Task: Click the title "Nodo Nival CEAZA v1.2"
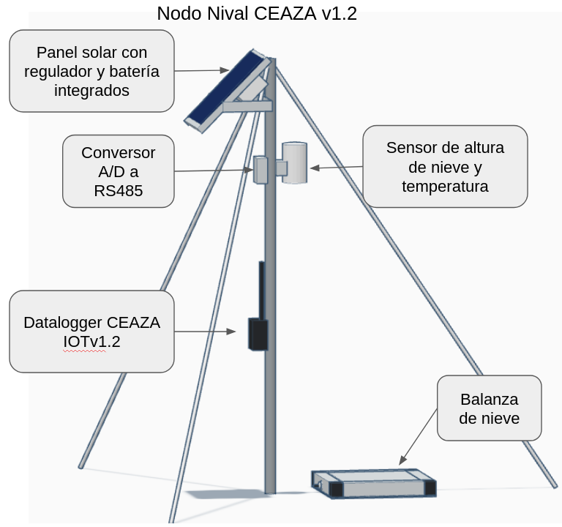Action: pyautogui.click(x=257, y=13)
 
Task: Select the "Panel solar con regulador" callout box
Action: pyautogui.click(x=91, y=71)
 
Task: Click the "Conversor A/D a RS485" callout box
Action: pyautogui.click(x=119, y=171)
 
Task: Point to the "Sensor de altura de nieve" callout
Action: pyautogui.click(x=445, y=166)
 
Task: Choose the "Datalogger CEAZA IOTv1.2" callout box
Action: pyautogui.click(x=91, y=332)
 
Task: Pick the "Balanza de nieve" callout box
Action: pyautogui.click(x=489, y=408)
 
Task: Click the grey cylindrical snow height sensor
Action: pyautogui.click(x=294, y=162)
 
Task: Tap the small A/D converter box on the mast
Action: pyautogui.click(x=261, y=169)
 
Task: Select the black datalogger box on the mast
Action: pyautogui.click(x=258, y=334)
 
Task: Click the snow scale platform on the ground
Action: pyautogui.click(x=374, y=483)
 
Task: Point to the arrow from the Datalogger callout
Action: pyautogui.click(x=205, y=332)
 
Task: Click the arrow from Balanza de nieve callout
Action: pyautogui.click(x=419, y=437)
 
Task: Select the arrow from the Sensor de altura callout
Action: pyautogui.click(x=337, y=168)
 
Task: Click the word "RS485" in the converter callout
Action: pyautogui.click(x=119, y=191)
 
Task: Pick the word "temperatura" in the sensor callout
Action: pyautogui.click(x=445, y=186)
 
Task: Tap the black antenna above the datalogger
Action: pyautogui.click(x=261, y=289)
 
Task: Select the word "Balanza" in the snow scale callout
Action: pyautogui.click(x=489, y=400)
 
